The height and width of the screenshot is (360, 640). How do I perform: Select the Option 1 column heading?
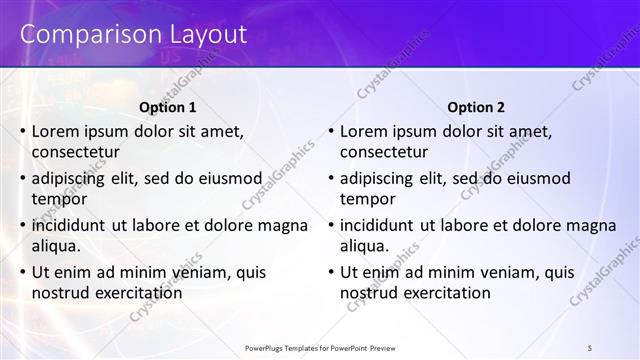pyautogui.click(x=167, y=107)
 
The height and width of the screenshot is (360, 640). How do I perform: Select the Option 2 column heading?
pyautogui.click(x=476, y=107)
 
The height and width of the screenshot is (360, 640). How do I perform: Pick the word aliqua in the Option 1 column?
pyautogui.click(x=56, y=246)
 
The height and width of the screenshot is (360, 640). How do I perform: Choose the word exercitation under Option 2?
pyautogui.click(x=441, y=293)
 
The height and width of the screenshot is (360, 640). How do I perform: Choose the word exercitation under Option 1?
pyautogui.click(x=133, y=293)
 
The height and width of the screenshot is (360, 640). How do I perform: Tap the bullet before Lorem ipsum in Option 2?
pyautogui.click(x=330, y=131)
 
